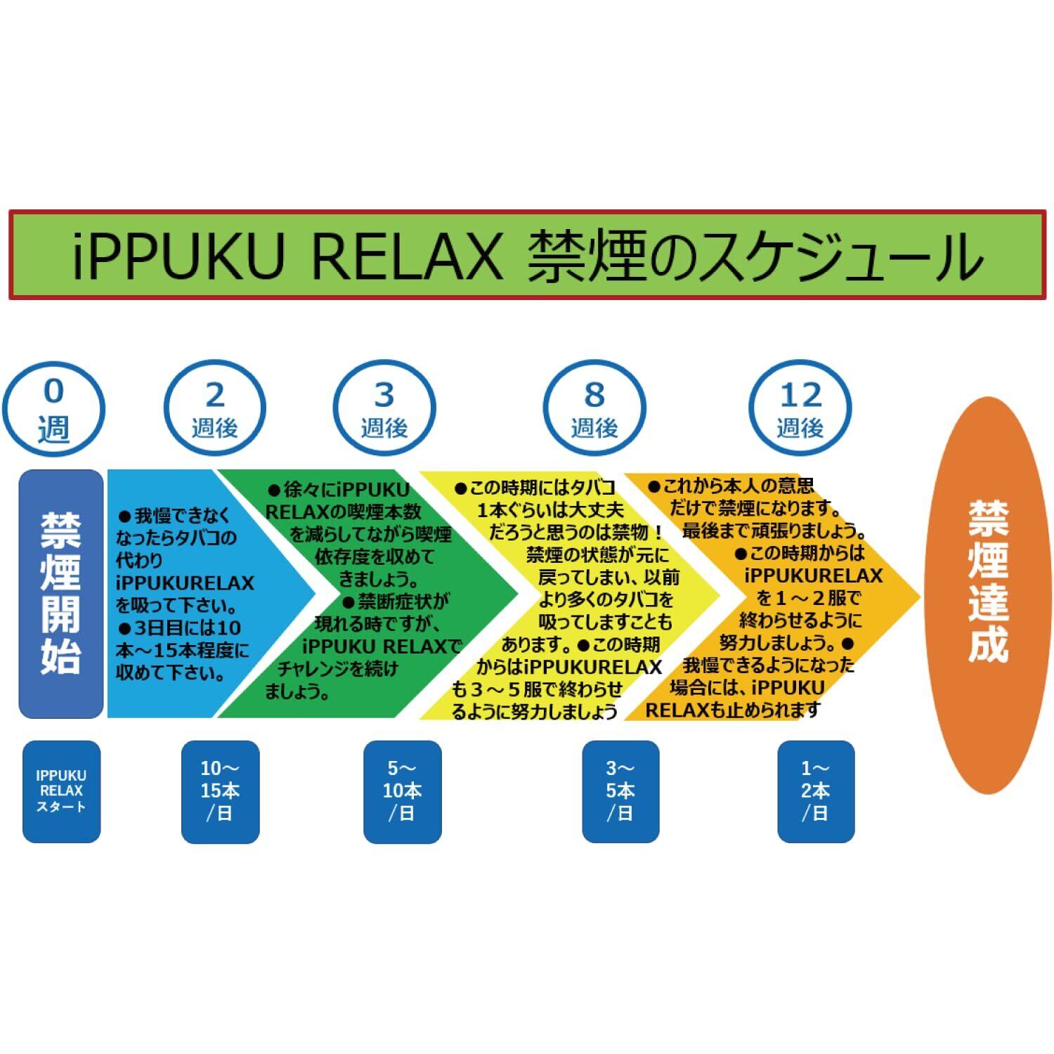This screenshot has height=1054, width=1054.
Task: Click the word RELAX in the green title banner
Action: pyautogui.click(x=406, y=256)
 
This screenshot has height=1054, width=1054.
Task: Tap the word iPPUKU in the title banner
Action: pyautogui.click(x=178, y=256)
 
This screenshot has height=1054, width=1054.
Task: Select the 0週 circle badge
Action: pyautogui.click(x=53, y=408)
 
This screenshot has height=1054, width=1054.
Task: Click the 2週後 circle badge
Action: pyautogui.click(x=215, y=408)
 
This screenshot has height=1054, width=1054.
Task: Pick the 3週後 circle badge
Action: pyautogui.click(x=384, y=408)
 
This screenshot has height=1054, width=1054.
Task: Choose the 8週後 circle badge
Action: pyautogui.click(x=594, y=408)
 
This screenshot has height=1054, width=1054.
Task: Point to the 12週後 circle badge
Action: pyautogui.click(x=800, y=408)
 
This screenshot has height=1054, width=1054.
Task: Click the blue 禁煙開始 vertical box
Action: pyautogui.click(x=61, y=594)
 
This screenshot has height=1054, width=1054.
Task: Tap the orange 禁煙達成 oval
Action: pyautogui.click(x=989, y=594)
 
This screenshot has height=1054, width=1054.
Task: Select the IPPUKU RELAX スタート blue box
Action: pyautogui.click(x=61, y=791)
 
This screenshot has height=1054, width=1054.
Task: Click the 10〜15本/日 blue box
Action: pyautogui.click(x=220, y=791)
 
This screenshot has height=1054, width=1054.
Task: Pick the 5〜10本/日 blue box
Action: pyautogui.click(x=402, y=791)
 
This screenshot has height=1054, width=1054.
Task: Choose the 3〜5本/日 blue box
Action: pyautogui.click(x=620, y=791)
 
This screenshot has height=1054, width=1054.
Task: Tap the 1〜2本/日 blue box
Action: pyautogui.click(x=816, y=791)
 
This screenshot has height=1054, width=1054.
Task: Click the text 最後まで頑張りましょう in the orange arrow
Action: pyautogui.click(x=774, y=531)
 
